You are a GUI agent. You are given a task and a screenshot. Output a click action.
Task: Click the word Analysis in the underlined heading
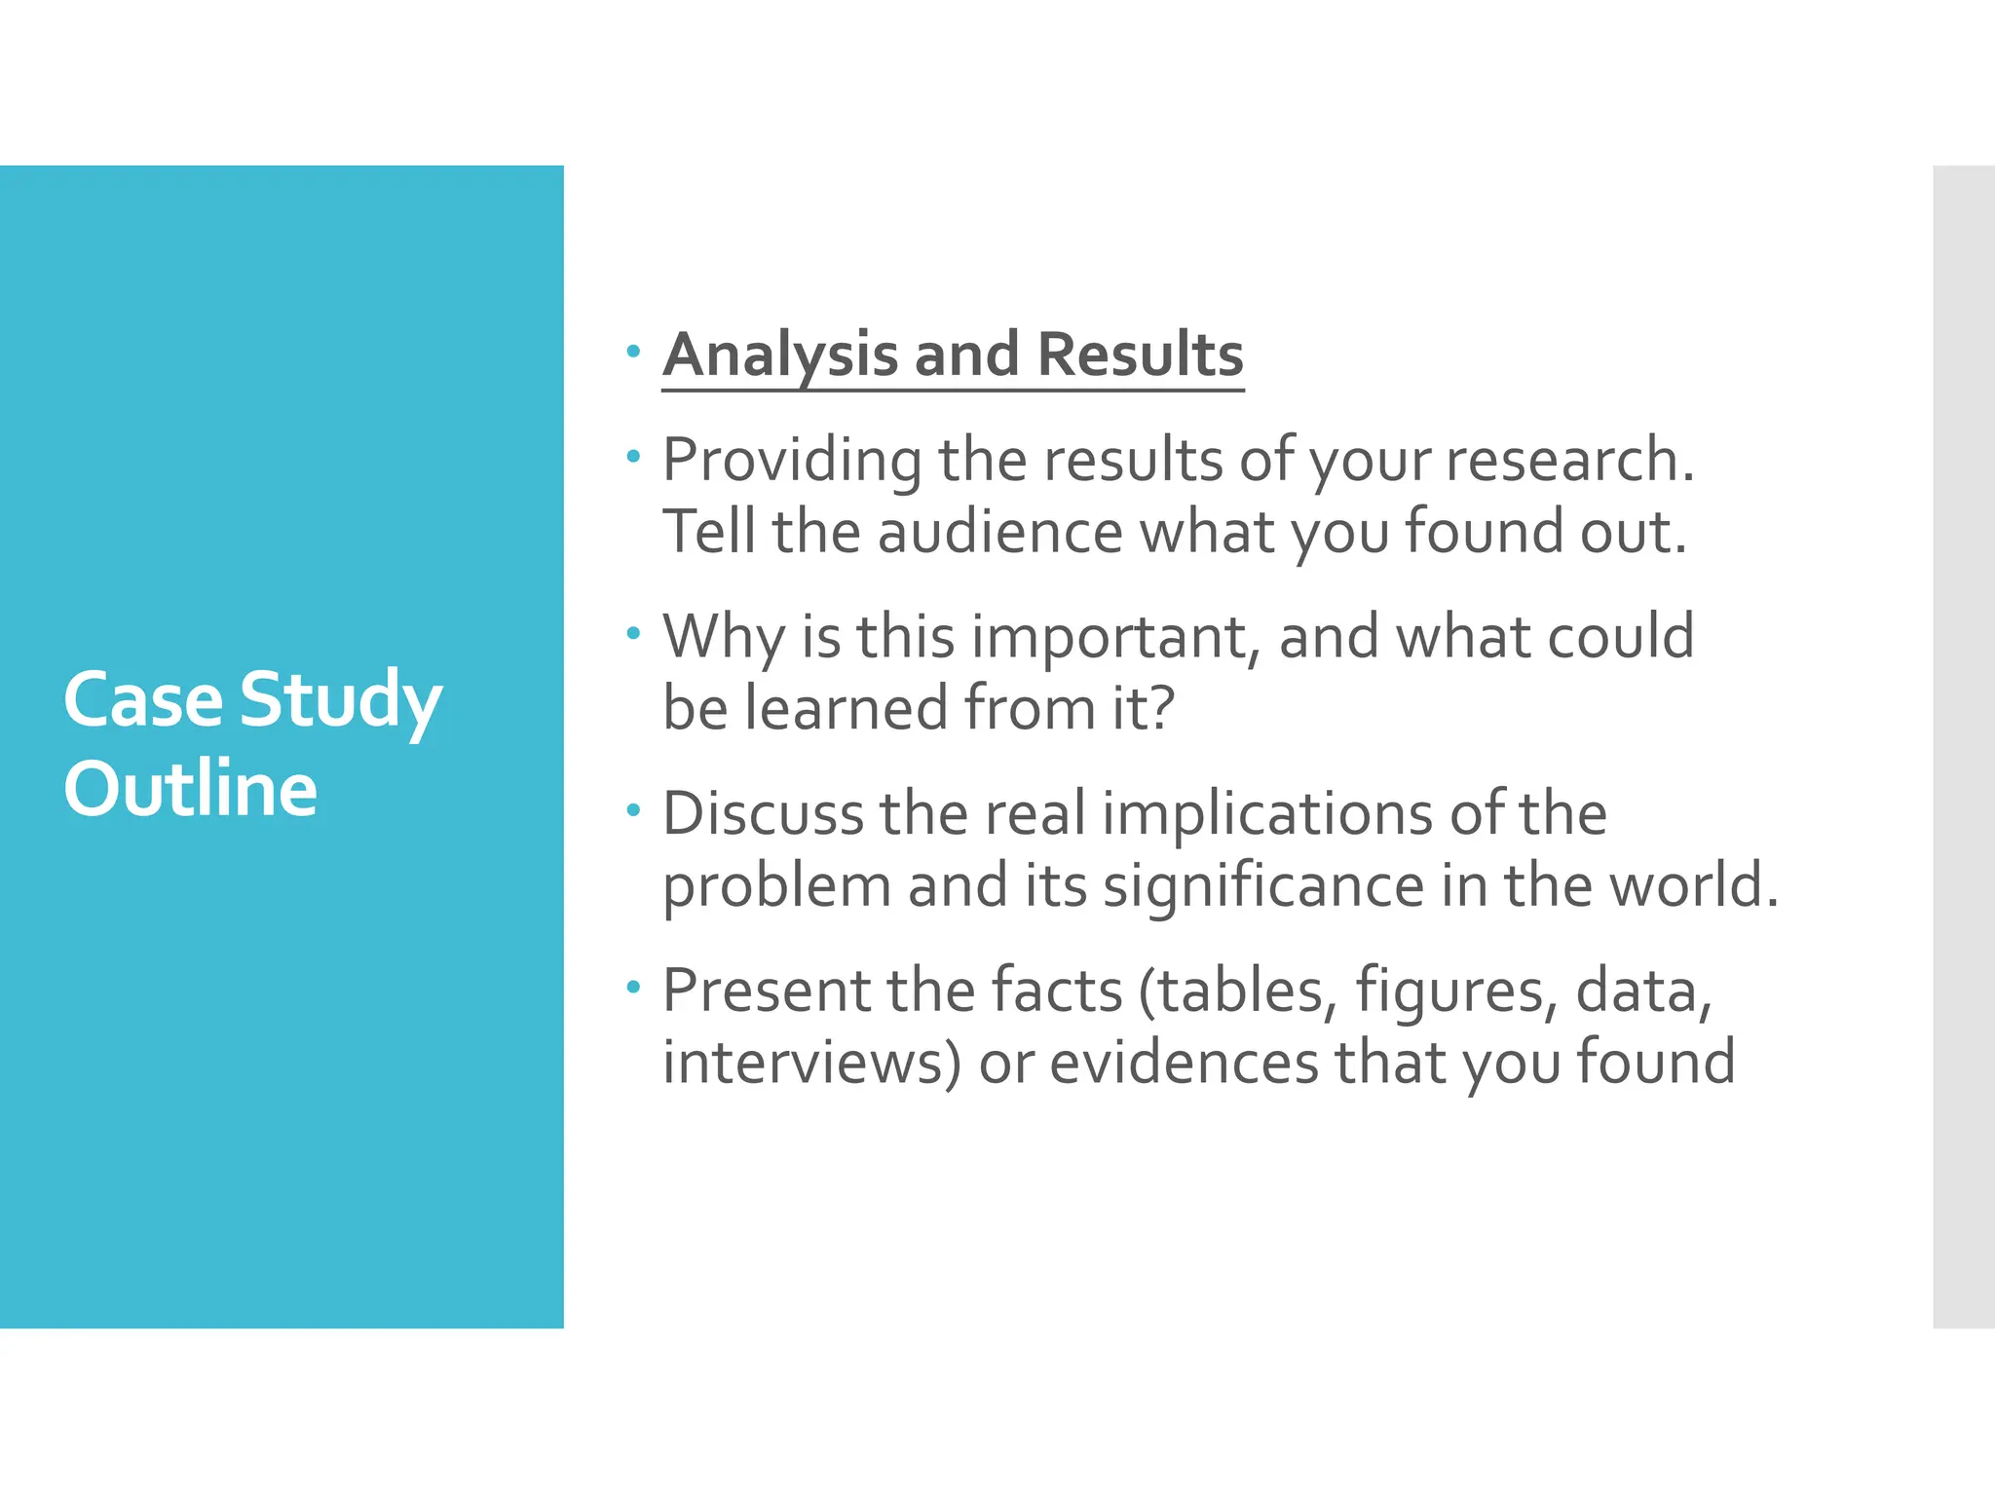pyautogui.click(x=779, y=355)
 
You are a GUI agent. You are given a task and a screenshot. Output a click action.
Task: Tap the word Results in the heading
pyautogui.click(x=1140, y=355)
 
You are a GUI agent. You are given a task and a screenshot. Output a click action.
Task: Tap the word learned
pyautogui.click(x=847, y=708)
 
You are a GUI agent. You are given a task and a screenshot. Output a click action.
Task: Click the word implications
pyautogui.click(x=1267, y=816)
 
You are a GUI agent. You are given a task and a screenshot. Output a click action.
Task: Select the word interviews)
pyautogui.click(x=812, y=1063)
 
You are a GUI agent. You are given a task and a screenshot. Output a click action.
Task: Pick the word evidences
pyautogui.click(x=1184, y=1063)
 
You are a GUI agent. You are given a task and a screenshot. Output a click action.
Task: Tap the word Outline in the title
pyautogui.click(x=191, y=788)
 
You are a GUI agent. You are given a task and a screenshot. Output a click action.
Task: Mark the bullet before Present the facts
pyautogui.click(x=634, y=988)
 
